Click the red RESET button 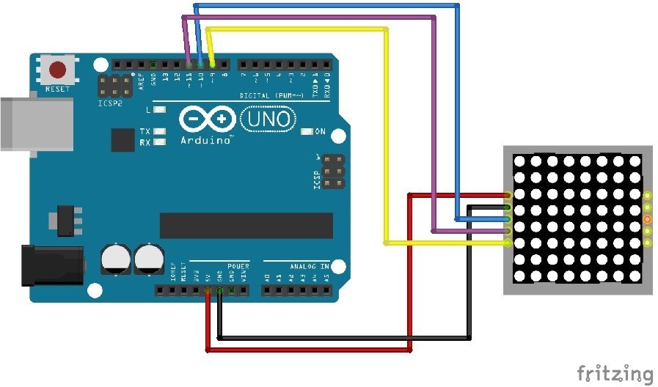tap(57, 70)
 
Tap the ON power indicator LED tap(307, 132)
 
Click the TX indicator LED tap(159, 132)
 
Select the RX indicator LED tap(159, 142)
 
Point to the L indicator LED tap(160, 110)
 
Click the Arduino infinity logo tap(207, 119)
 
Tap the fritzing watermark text tap(614, 373)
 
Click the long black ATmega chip tap(235, 226)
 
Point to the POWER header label tap(238, 266)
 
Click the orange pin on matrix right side tap(647, 219)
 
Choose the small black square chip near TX tap(121, 140)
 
